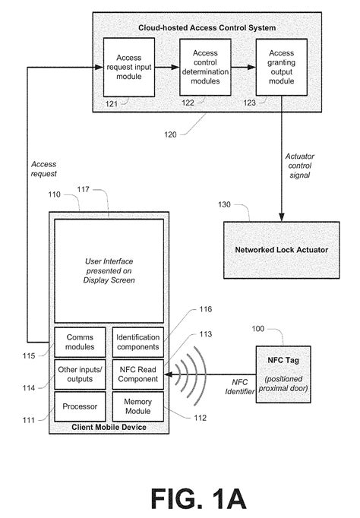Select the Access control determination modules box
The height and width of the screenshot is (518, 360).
tap(204, 67)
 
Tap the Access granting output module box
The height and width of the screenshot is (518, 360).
tap(281, 67)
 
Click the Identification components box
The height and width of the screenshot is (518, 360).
tap(137, 342)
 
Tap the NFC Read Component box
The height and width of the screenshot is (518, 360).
tap(137, 373)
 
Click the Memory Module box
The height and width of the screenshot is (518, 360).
tap(137, 406)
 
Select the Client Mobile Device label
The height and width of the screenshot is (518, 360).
tap(108, 427)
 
